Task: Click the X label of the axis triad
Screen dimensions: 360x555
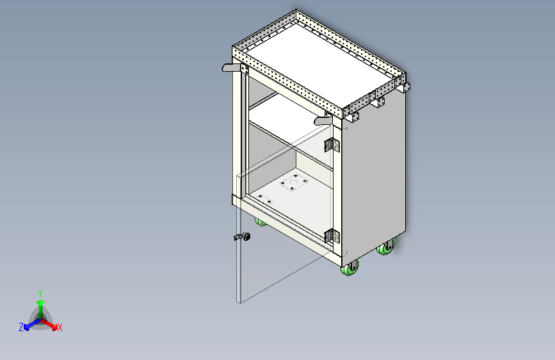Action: pyautogui.click(x=60, y=327)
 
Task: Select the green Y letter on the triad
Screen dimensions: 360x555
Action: pyautogui.click(x=40, y=292)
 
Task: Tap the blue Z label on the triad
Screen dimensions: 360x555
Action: pyautogui.click(x=21, y=327)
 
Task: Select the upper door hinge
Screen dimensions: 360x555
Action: pyautogui.click(x=332, y=145)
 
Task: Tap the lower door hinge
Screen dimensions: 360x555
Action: pyautogui.click(x=332, y=236)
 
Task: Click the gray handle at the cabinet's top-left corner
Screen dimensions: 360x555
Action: pyautogui.click(x=230, y=67)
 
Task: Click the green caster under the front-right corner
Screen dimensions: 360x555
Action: pyautogui.click(x=351, y=269)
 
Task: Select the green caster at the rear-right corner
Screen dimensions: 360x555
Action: pyautogui.click(x=386, y=248)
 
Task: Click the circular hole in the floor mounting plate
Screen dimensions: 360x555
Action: pyautogui.click(x=293, y=188)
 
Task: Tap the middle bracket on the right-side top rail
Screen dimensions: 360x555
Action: pyautogui.click(x=380, y=101)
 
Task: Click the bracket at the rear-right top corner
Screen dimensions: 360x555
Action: pyautogui.click(x=405, y=87)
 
